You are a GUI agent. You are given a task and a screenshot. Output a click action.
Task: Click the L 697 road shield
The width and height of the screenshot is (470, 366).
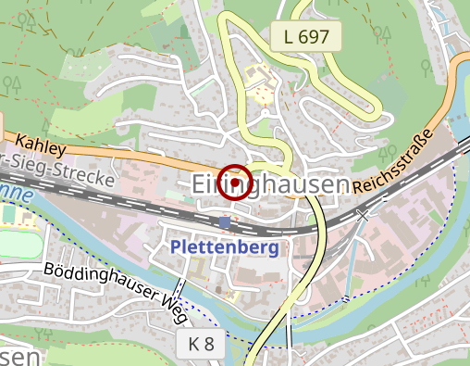(x=307, y=37)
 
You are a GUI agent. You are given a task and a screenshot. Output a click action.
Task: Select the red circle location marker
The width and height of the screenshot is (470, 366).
(x=237, y=183)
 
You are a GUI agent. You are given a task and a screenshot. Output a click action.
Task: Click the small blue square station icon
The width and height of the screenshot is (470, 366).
(x=226, y=222)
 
